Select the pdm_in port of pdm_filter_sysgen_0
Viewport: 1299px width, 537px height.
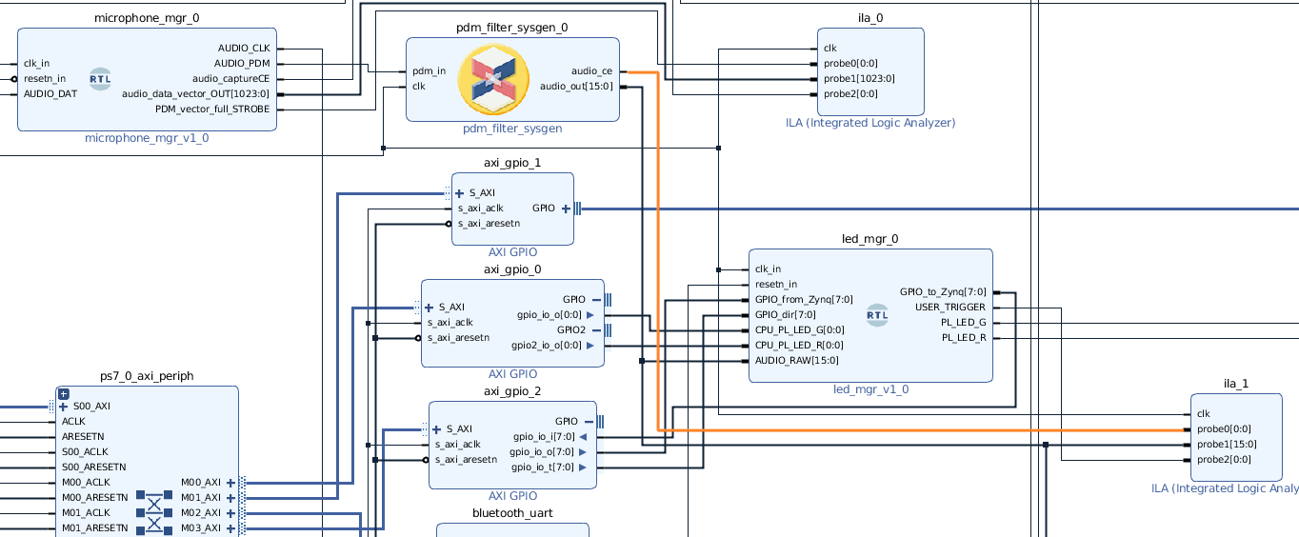[429, 70]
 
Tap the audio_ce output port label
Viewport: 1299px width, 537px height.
[591, 70]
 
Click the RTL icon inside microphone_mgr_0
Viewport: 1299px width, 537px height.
[100, 79]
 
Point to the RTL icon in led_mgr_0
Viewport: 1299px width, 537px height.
[877, 315]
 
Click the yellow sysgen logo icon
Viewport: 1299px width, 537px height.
[493, 79]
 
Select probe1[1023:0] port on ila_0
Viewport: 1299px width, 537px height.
[859, 78]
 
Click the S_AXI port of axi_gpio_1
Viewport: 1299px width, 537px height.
[481, 192]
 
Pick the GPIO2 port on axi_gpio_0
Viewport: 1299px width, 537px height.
[571, 329]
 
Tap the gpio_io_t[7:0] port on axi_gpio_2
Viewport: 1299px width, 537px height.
[543, 467]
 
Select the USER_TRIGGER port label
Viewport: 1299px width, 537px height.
[949, 307]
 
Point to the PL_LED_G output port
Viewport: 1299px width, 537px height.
[964, 322]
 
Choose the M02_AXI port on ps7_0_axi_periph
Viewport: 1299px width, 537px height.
[200, 512]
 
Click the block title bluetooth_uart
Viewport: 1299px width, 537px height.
[512, 513]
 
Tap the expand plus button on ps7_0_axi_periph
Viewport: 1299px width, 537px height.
[64, 393]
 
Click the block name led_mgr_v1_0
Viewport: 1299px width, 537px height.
[870, 389]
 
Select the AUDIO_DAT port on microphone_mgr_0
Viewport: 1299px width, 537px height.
[50, 93]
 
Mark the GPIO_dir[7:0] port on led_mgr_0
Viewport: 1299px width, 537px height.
[785, 314]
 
